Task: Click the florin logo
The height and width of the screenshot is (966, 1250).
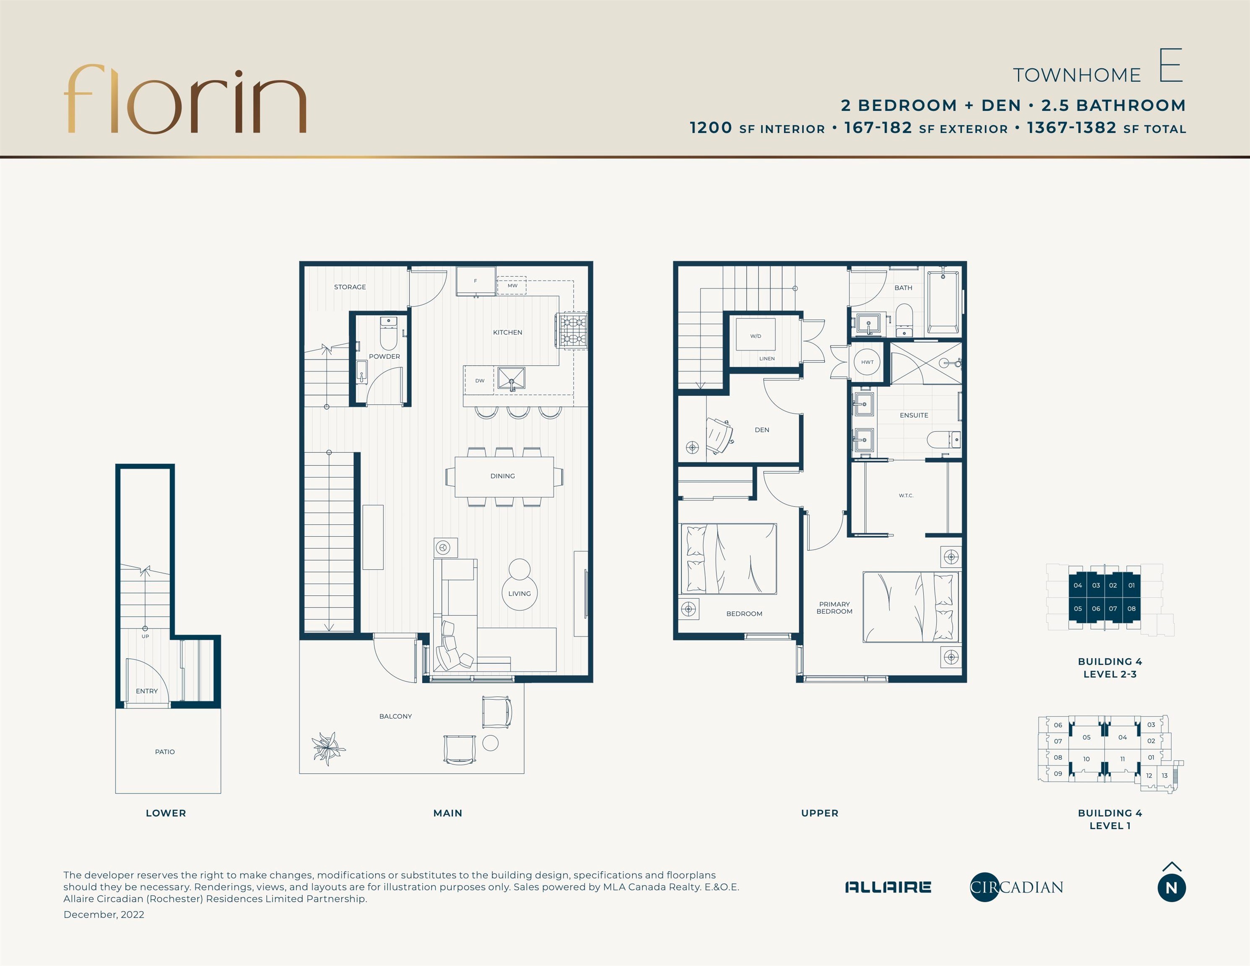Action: click(x=185, y=99)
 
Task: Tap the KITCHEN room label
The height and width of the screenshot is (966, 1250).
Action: click(x=508, y=332)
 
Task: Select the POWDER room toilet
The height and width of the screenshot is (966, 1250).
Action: click(x=389, y=334)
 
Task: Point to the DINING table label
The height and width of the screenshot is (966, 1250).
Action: click(x=502, y=476)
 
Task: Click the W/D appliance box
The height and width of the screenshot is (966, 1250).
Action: click(x=756, y=334)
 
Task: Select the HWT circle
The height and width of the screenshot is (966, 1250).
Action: click(x=867, y=362)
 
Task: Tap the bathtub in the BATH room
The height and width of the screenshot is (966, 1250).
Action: click(x=943, y=302)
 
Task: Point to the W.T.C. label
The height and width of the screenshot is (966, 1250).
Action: click(x=906, y=496)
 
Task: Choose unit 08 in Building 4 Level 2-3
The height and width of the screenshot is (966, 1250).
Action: click(x=1131, y=609)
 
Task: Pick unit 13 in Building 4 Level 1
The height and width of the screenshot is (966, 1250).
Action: click(x=1165, y=776)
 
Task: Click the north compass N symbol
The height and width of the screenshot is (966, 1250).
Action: click(x=1172, y=888)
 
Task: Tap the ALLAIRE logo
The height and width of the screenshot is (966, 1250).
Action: click(x=888, y=887)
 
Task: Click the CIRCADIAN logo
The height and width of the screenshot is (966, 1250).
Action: click(x=1016, y=887)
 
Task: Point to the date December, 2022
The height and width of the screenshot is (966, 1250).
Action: click(x=104, y=914)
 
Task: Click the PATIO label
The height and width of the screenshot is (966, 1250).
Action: click(x=165, y=752)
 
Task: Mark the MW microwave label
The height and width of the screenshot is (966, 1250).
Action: click(x=512, y=286)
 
